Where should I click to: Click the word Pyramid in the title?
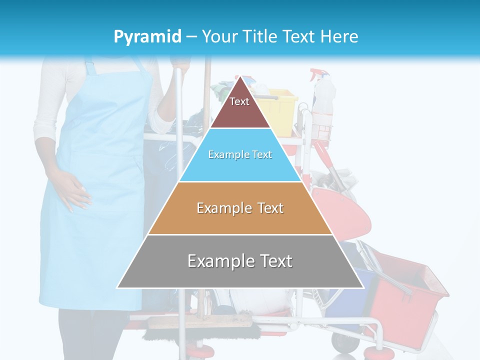(147, 37)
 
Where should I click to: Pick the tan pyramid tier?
(240, 208)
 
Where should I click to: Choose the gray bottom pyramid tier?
(240, 261)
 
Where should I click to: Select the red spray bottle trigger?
(315, 75)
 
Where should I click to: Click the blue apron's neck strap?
(90, 67)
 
